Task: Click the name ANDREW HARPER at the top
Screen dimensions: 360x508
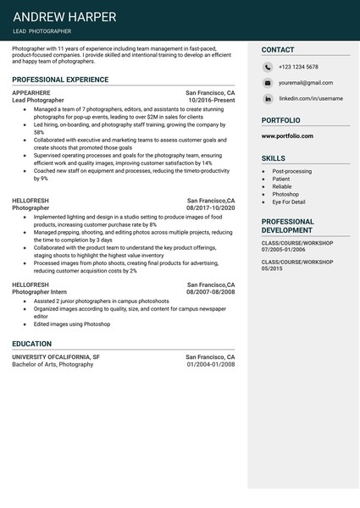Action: click(x=65, y=17)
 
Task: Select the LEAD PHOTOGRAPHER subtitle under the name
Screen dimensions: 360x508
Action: click(x=42, y=31)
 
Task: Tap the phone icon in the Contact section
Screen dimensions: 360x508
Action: click(x=268, y=67)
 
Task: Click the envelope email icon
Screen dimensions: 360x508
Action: click(x=268, y=83)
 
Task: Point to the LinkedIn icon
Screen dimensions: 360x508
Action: click(x=268, y=98)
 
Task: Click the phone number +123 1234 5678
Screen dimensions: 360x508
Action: click(x=298, y=67)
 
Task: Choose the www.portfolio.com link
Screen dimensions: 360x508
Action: click(x=287, y=135)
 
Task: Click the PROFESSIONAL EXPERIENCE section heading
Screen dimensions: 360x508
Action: click(x=60, y=79)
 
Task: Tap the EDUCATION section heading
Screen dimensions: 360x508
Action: click(x=32, y=344)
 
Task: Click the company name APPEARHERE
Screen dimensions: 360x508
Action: click(x=31, y=92)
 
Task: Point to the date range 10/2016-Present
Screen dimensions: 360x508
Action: click(x=212, y=100)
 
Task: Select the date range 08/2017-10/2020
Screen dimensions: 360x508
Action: click(x=211, y=207)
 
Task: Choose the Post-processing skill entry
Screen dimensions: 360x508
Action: click(x=291, y=171)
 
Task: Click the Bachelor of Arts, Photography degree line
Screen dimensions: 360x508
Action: click(x=53, y=364)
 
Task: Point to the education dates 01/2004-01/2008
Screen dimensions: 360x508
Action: click(x=211, y=364)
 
